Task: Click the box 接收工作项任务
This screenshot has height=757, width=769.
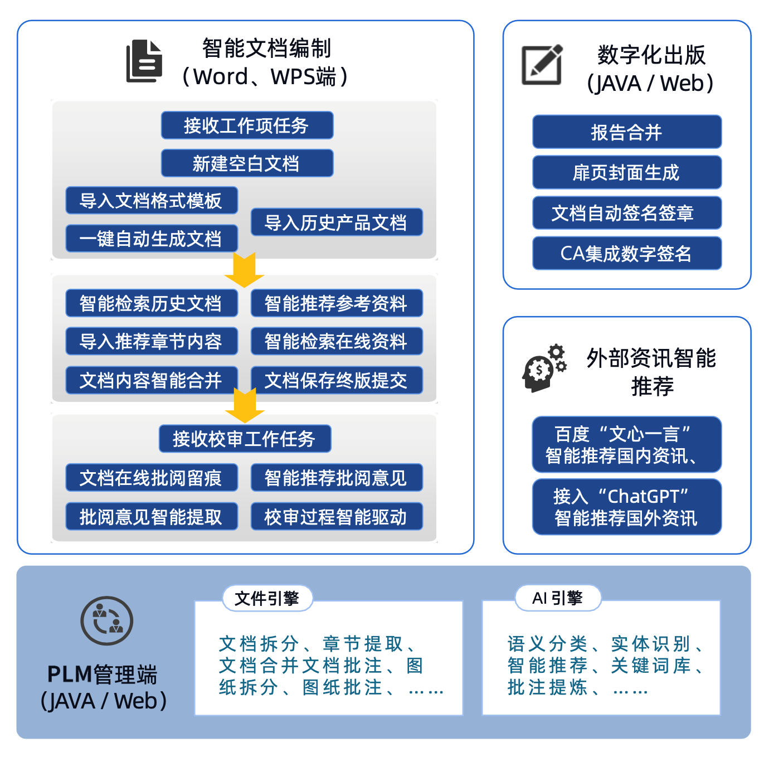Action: [247, 125]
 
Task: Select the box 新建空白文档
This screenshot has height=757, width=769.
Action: [247, 163]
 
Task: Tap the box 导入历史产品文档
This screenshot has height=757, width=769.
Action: [337, 222]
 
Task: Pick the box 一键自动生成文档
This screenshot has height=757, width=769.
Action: [152, 239]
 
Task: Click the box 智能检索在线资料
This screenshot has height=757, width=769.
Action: [337, 341]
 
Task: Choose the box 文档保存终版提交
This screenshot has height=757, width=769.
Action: [337, 380]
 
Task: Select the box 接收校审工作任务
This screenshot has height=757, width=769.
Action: [245, 438]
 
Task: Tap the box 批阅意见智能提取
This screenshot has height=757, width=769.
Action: [152, 516]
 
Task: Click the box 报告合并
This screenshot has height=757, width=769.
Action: [627, 132]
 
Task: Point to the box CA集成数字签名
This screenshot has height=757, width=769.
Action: [627, 253]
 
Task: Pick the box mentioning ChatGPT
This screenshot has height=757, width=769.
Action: [627, 507]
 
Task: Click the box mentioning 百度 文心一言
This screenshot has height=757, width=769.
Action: [627, 444]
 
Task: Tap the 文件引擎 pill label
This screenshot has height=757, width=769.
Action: [267, 598]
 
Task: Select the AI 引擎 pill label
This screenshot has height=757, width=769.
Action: [558, 598]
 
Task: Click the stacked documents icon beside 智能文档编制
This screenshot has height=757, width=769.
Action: [144, 61]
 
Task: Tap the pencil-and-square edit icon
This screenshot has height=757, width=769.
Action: [542, 65]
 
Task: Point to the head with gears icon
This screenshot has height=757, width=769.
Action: [544, 368]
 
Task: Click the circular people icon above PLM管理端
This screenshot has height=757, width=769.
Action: [106, 621]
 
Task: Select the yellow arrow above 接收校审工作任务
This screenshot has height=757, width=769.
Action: [245, 406]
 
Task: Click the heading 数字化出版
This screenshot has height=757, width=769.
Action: [651, 55]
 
